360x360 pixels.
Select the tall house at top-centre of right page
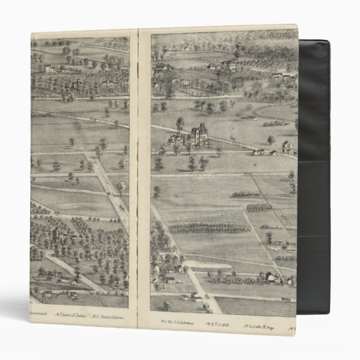pyautogui.click(x=229, y=66)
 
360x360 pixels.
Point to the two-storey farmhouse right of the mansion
pyautogui.click(x=287, y=146)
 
